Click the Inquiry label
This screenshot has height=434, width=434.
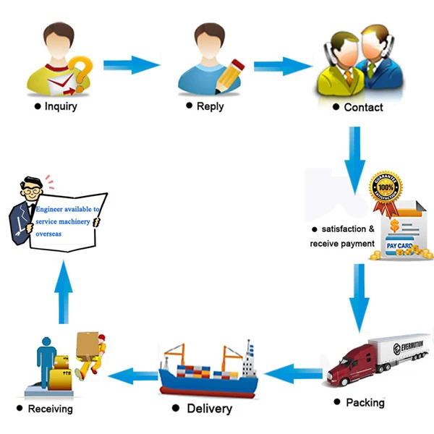tap(61, 107)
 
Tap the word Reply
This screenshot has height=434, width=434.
tap(210, 106)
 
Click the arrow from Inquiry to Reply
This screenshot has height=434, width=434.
tap(131, 66)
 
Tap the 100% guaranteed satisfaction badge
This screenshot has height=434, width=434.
tap(385, 189)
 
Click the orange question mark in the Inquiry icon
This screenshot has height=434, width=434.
tap(84, 71)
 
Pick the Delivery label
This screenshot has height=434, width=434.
tap(209, 409)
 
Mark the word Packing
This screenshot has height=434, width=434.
tap(365, 402)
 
